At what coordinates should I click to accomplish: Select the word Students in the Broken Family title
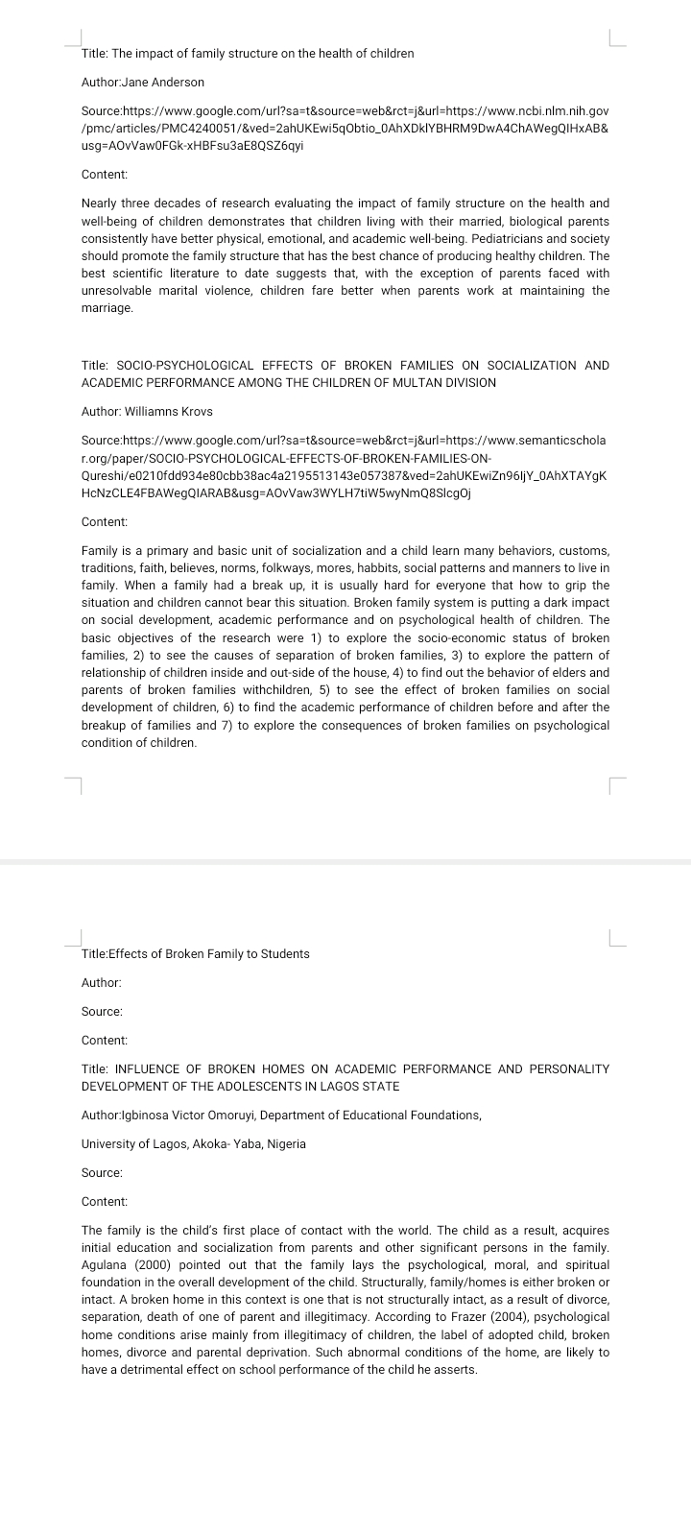point(285,954)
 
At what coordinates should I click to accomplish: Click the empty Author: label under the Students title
point(101,983)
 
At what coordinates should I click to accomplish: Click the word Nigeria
point(285,1144)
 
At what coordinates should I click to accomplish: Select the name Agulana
point(107,1265)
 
